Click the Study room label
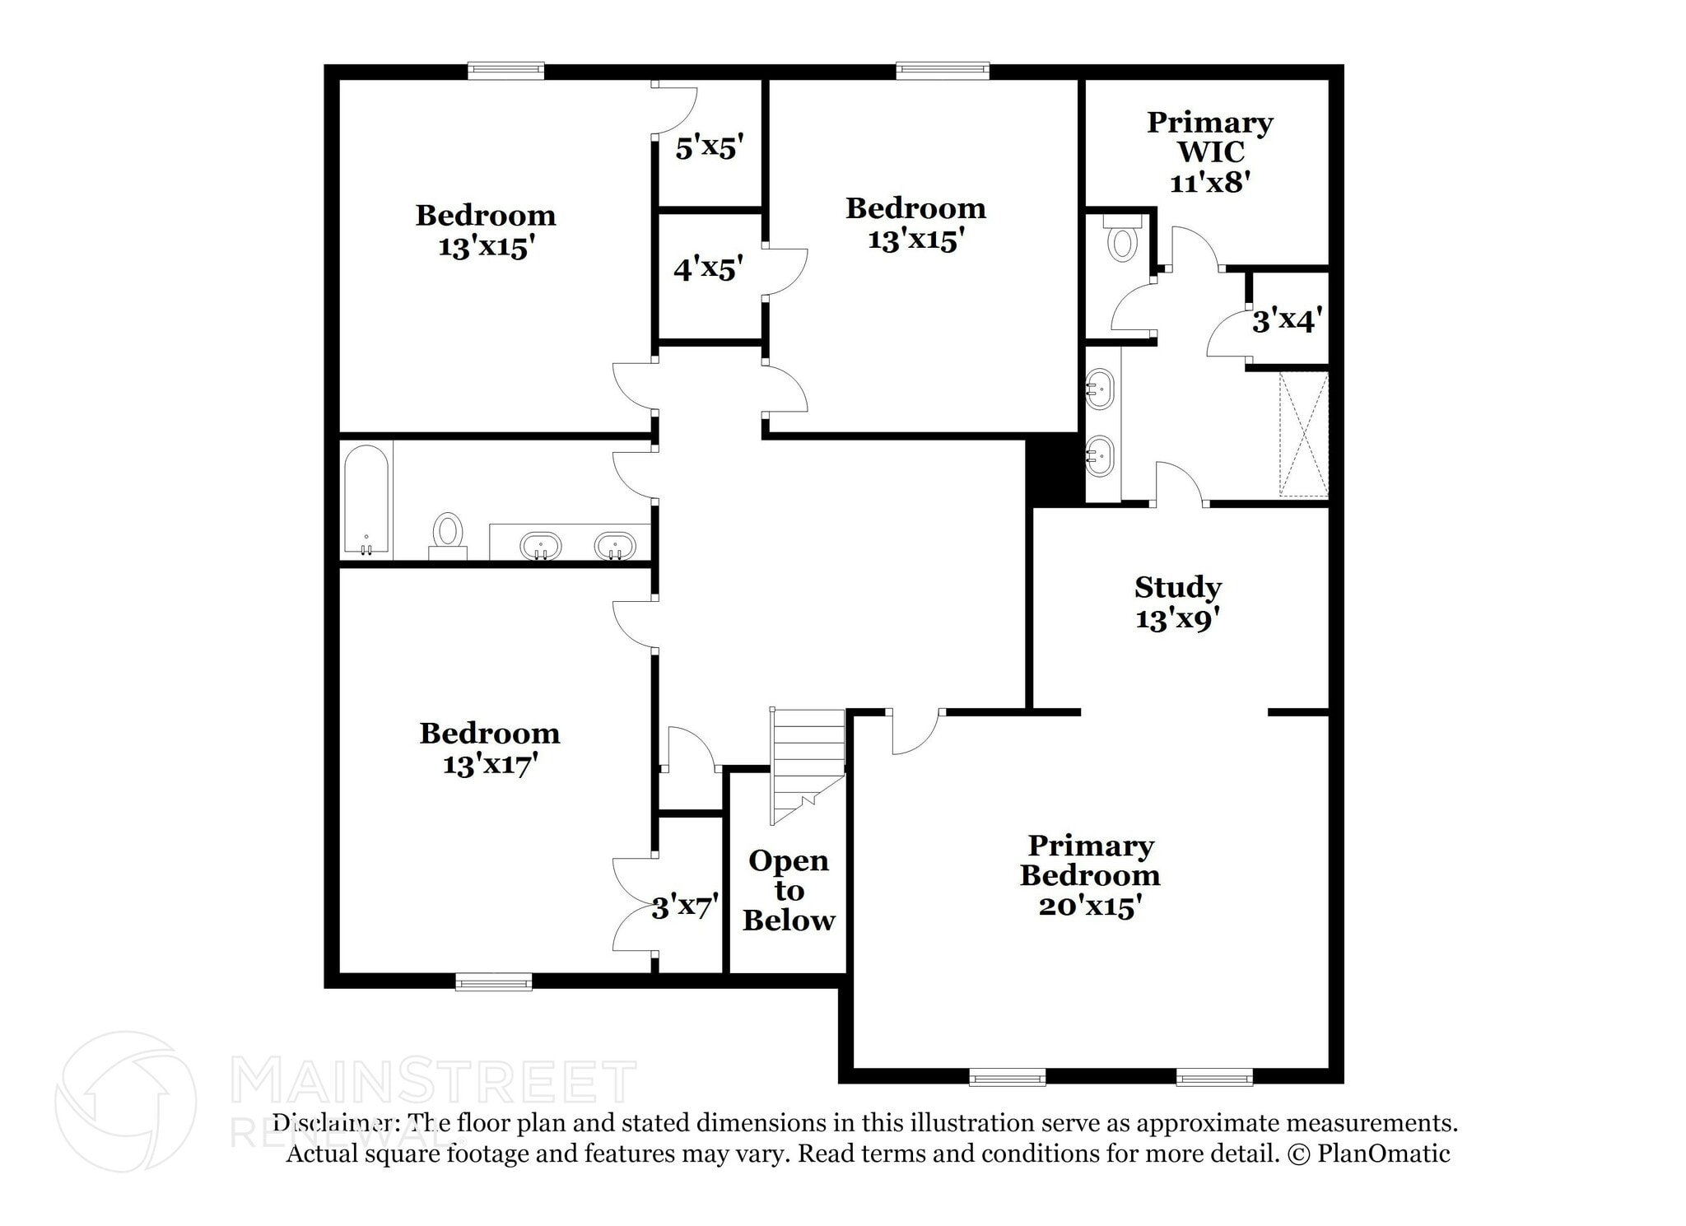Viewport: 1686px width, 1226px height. [x=1177, y=588]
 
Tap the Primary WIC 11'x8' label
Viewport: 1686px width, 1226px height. [x=1209, y=152]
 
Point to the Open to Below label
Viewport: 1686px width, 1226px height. [x=788, y=890]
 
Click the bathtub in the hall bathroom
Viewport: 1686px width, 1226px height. [x=366, y=500]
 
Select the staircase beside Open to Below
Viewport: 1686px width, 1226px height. [x=807, y=762]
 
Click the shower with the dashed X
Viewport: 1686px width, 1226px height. [x=1303, y=434]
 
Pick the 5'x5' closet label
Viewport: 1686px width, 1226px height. [x=709, y=148]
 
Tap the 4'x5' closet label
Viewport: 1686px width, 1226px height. [x=707, y=268]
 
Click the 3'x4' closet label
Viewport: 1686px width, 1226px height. [x=1287, y=319]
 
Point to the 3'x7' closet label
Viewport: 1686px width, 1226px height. [x=684, y=907]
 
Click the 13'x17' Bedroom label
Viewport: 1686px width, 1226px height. [x=490, y=748]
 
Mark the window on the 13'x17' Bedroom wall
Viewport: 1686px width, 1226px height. [x=493, y=981]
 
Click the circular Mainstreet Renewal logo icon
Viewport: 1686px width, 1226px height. [x=125, y=1102]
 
